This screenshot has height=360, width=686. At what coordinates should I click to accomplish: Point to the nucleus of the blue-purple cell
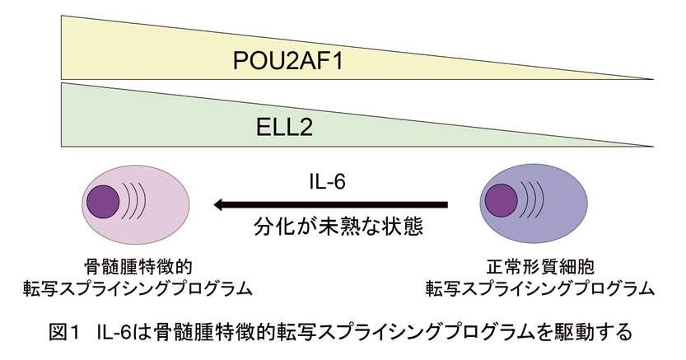pos(502,201)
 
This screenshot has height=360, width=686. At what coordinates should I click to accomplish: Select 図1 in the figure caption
pos(63,334)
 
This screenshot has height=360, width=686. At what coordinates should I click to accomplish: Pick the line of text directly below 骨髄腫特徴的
pos(138,288)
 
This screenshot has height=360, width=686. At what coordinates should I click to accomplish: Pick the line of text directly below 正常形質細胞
pos(539,288)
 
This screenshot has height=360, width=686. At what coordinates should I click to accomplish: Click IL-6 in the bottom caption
pos(117,334)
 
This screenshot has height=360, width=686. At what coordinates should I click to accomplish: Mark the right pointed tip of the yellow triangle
pos(652,79)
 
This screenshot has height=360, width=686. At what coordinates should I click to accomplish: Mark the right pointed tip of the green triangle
pos(652,146)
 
